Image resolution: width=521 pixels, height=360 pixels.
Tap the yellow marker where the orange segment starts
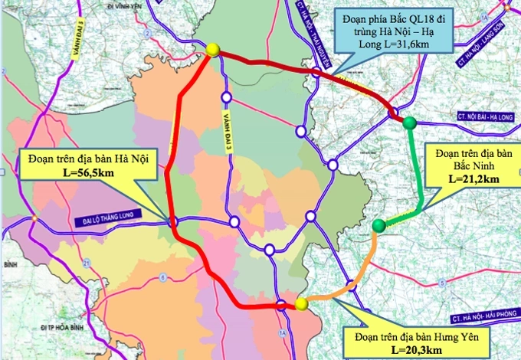coord(301,304)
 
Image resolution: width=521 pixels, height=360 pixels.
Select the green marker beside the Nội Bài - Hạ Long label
coord(410,123)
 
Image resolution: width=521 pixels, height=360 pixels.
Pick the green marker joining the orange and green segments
coord(378,225)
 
